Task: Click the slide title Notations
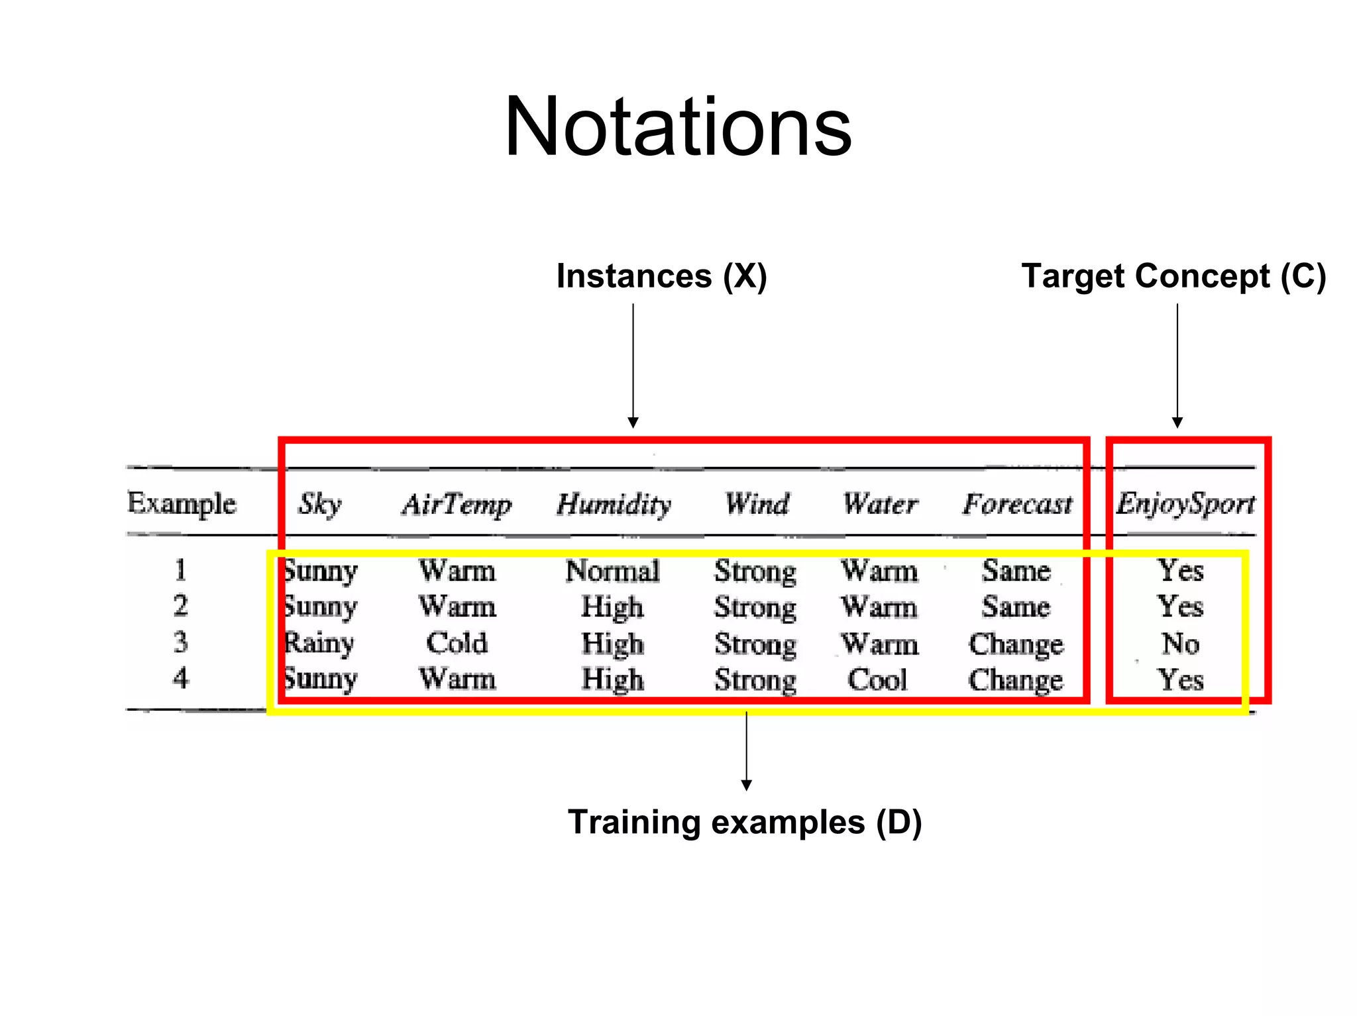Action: click(x=678, y=127)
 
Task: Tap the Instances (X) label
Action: click(x=661, y=276)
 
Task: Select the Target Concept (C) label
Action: click(x=1173, y=276)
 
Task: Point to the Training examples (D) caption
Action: click(x=745, y=822)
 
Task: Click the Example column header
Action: click(x=182, y=503)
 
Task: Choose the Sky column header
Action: click(x=319, y=504)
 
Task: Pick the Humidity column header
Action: click(x=614, y=504)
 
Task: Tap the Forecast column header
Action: click(x=1017, y=504)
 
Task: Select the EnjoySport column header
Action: click(x=1185, y=504)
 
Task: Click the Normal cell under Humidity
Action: click(x=612, y=571)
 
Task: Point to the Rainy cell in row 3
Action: click(x=319, y=643)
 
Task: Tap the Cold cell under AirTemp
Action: click(x=457, y=643)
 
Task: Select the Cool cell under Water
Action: click(x=877, y=680)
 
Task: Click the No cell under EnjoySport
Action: click(x=1180, y=643)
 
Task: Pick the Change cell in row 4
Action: click(x=1016, y=680)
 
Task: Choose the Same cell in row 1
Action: click(x=1016, y=571)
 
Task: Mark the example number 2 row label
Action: click(x=180, y=605)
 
